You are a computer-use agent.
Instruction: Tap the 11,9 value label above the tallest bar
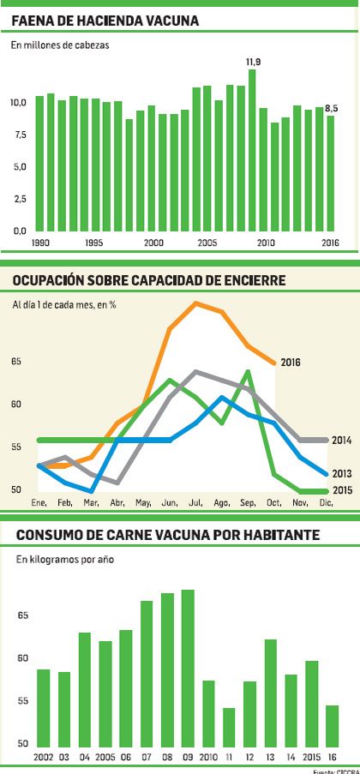[253, 62]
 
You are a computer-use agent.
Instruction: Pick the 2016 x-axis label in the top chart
[330, 243]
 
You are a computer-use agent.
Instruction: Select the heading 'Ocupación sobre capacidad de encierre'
[149, 280]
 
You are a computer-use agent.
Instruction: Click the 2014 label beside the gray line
[343, 440]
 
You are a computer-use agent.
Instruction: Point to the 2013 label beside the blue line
[343, 473]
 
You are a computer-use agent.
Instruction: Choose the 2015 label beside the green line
[343, 490]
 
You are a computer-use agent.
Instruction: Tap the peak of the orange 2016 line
[197, 303]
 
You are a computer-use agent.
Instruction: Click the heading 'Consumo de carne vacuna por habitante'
[167, 536]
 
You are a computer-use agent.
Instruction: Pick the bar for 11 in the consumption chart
[229, 727]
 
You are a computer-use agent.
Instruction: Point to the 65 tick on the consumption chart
[22, 615]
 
